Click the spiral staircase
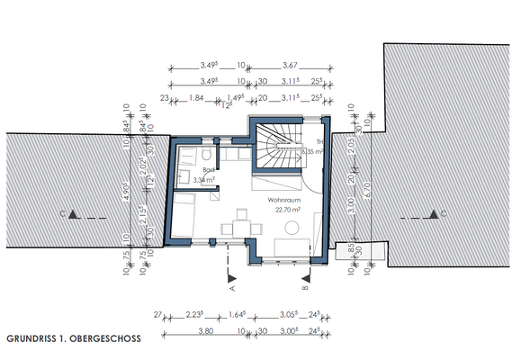pyautogui.click(x=280, y=148)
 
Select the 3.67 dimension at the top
pyautogui.click(x=289, y=66)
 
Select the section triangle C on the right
pyautogui.click(x=434, y=214)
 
